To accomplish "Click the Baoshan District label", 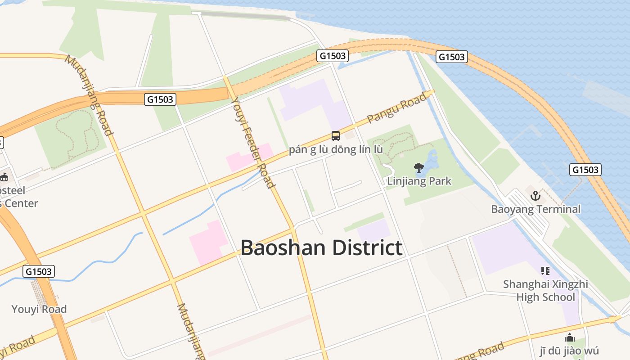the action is point(321,248).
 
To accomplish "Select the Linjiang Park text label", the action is point(419,181).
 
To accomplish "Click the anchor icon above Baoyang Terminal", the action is point(535,196).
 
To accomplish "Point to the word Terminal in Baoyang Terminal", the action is point(557,209).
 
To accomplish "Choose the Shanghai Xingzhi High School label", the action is point(545,291).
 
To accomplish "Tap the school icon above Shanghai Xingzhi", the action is point(545,270).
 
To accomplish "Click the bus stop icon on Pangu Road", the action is point(336,135).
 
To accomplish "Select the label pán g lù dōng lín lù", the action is point(336,149).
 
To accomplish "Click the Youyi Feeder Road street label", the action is point(252,141).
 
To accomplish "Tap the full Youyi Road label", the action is point(39,309).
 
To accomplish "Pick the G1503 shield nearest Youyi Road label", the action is point(39,271).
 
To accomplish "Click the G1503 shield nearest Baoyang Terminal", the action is point(585,170).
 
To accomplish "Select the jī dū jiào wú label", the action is point(569,351).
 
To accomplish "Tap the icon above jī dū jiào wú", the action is point(569,337).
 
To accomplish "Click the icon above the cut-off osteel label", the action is point(4,177).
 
